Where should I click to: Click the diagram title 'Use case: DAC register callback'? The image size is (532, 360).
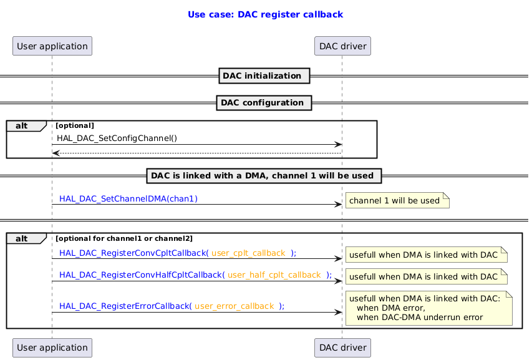[x=265, y=14]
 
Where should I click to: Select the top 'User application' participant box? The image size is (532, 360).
[x=52, y=46]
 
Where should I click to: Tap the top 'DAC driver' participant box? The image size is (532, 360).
[x=342, y=46]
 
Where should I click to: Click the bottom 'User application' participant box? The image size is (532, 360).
[x=52, y=348]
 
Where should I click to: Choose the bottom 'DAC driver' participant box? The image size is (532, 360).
[x=342, y=348]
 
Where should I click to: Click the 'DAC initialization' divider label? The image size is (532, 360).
[x=264, y=76]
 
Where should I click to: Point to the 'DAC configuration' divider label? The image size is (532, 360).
[x=264, y=102]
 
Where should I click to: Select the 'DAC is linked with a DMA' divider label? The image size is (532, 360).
[x=264, y=176]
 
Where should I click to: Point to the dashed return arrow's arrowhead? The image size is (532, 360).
[x=56, y=153]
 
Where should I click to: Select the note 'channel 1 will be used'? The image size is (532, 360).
[x=397, y=201]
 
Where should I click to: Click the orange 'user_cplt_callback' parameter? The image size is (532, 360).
[x=248, y=253]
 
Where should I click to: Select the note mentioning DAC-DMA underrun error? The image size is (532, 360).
[x=428, y=308]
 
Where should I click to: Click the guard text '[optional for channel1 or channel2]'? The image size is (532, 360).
[x=124, y=238]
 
